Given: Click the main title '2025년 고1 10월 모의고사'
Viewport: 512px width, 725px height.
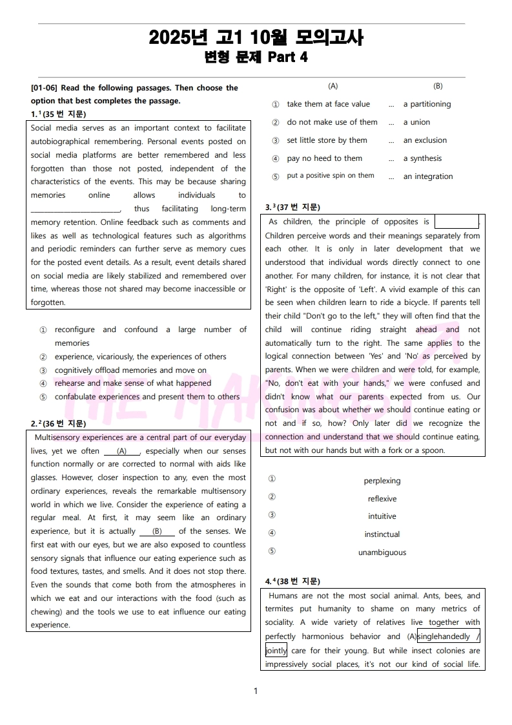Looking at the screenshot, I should [x=256, y=38].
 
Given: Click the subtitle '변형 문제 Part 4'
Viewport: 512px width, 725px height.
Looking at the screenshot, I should [x=256, y=57].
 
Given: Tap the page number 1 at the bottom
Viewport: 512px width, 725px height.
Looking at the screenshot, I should [x=256, y=691].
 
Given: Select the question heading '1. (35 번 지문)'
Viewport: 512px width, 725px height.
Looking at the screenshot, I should [x=58, y=114].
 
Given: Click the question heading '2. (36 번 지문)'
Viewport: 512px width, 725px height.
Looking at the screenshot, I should [x=58, y=424].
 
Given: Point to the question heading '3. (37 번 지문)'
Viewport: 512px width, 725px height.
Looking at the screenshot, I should [x=292, y=207].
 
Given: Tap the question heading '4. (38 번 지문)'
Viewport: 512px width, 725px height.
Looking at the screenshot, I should [x=292, y=582].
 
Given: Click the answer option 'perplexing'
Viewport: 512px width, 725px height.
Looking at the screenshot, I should [x=382, y=481].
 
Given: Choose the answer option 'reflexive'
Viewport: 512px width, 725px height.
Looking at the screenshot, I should [x=382, y=499].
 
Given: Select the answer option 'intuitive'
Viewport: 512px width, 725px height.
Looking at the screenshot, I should [x=382, y=516].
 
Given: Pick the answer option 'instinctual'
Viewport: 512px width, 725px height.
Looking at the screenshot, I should [x=382, y=534].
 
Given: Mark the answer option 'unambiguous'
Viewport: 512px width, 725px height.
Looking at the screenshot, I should [x=382, y=552].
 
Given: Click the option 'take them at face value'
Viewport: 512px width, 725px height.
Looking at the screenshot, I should [x=328, y=104].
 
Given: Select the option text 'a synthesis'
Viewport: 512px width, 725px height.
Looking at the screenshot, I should [x=422, y=158].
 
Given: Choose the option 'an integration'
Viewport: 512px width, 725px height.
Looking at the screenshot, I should [x=428, y=176].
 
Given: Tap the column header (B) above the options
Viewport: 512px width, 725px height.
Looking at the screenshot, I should [x=438, y=86].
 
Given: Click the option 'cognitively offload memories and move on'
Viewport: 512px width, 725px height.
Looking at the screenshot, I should [x=130, y=370].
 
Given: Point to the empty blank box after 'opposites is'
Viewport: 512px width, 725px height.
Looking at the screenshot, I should [x=456, y=222].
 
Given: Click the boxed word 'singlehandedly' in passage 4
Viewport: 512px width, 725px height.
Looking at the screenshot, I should [x=445, y=636].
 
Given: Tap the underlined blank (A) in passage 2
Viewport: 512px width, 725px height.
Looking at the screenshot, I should [x=121, y=452].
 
